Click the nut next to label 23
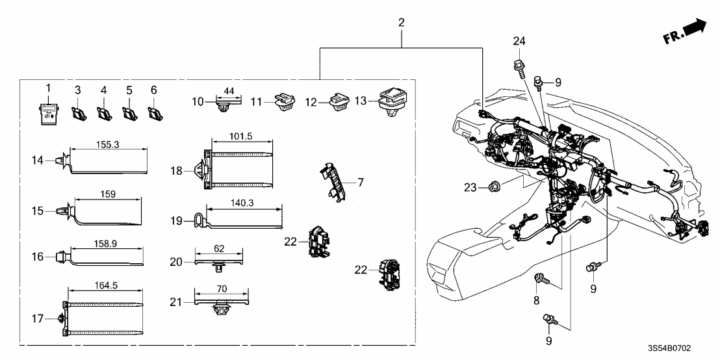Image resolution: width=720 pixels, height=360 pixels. click(494, 187)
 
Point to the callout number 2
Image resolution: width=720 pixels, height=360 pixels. click(401, 22)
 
